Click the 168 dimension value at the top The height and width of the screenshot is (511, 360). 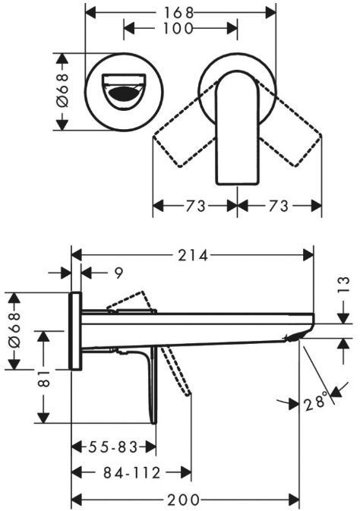coord(178,13)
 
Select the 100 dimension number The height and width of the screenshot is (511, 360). coord(178,29)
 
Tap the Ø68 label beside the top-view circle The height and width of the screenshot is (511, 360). coord(62,90)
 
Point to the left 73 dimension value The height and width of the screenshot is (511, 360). coord(196,206)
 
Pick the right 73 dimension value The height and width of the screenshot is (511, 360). coord(278,206)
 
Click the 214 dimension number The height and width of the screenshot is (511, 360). coord(193,255)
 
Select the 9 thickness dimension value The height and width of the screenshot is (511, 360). coord(119,273)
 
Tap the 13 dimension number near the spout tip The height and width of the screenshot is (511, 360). coord(343,285)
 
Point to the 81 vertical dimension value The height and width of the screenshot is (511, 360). coord(43,378)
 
